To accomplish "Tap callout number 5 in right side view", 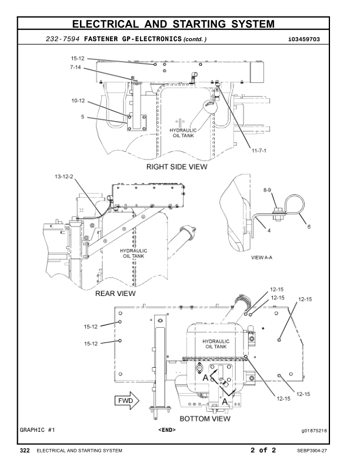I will tap(83, 117).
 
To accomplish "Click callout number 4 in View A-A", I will tap(268, 231).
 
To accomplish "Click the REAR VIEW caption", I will tap(115, 292).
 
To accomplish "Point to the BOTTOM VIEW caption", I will tap(204, 420).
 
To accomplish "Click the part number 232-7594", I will tap(63, 39).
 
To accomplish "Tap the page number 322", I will tap(25, 451).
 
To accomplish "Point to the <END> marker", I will tap(167, 430).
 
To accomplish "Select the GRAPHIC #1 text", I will tap(38, 430).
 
